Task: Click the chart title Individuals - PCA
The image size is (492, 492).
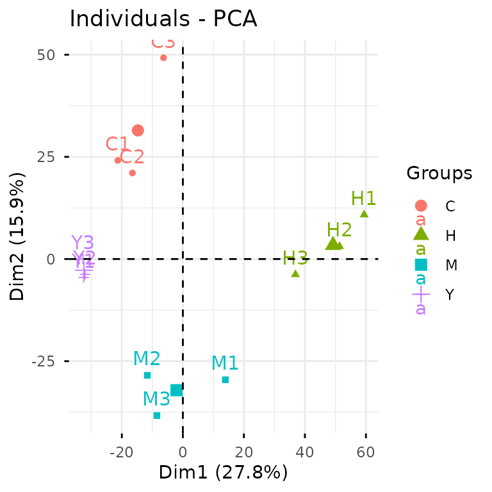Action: click(163, 19)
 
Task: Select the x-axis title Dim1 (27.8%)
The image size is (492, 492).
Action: click(223, 473)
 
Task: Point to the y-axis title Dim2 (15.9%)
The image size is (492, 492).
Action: click(18, 236)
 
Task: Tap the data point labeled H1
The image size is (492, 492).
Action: click(364, 214)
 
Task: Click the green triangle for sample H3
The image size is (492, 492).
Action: click(295, 274)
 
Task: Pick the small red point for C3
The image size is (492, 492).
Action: click(163, 58)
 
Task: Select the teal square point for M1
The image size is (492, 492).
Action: click(225, 380)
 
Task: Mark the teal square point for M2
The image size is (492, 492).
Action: click(147, 375)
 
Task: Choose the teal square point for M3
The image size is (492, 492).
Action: click(157, 415)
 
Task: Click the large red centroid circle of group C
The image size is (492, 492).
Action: click(138, 131)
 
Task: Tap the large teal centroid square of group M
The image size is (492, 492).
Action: click(176, 390)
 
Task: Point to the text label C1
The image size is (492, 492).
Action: click(117, 144)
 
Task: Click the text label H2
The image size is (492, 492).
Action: click(340, 230)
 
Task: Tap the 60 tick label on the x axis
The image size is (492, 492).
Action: click(366, 453)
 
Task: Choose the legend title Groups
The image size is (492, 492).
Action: click(439, 173)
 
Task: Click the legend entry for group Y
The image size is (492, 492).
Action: click(450, 295)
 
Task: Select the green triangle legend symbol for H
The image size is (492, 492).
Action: click(421, 235)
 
